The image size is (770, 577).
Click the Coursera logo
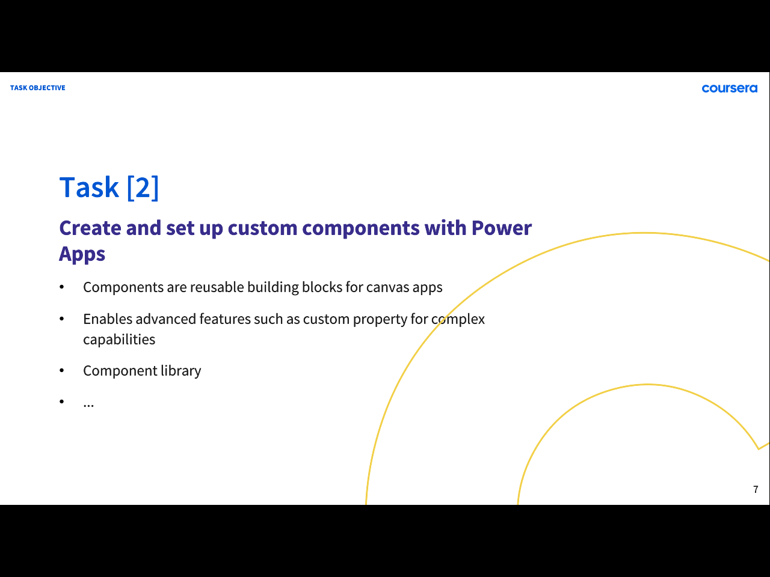pos(729,88)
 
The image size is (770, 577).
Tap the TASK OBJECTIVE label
pos(37,88)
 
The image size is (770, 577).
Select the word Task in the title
pos(89,188)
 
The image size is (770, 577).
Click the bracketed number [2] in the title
pos(143,188)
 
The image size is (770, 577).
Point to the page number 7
pos(756,489)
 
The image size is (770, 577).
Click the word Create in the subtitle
pos(90,228)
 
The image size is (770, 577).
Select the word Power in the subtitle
pos(501,228)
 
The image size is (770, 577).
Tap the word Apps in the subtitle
pos(82,254)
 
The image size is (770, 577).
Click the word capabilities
pos(119,340)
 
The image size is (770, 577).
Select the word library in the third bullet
pos(181,371)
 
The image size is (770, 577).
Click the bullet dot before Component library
pos(62,370)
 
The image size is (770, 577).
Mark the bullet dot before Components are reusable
pos(62,287)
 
